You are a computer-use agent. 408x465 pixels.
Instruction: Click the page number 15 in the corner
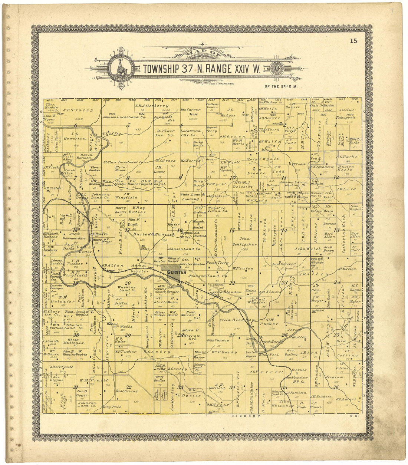(x=353, y=41)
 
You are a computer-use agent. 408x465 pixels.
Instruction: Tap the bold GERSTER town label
(x=174, y=272)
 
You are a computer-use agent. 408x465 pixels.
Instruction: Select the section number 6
(x=76, y=125)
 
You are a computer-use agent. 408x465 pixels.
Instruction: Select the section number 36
(x=336, y=387)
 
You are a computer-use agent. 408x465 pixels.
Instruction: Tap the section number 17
(x=127, y=230)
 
